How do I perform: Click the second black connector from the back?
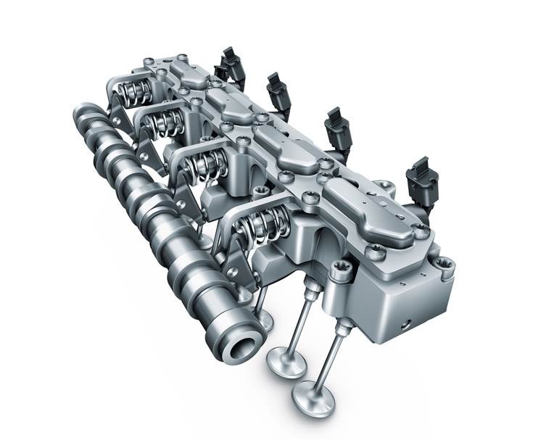pos(278,91)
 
